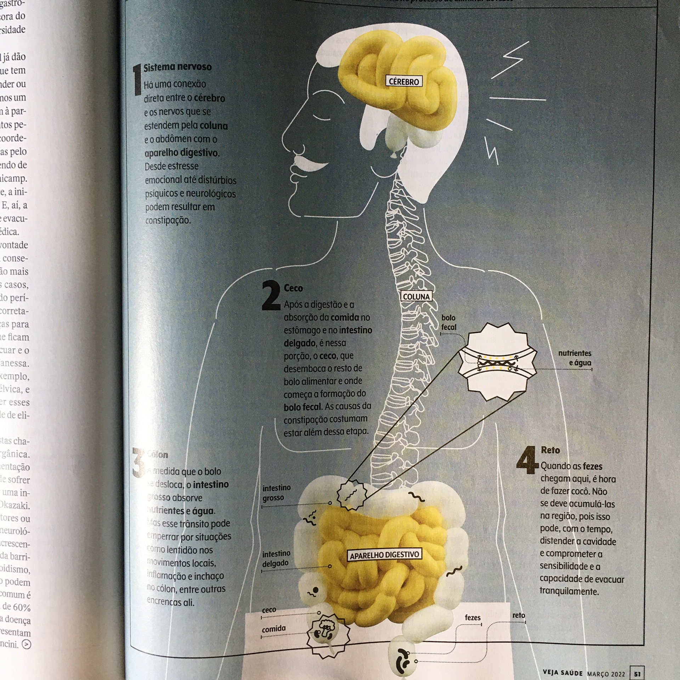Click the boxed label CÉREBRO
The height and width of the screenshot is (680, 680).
(x=404, y=81)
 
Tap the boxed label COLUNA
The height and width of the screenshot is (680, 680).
(x=416, y=296)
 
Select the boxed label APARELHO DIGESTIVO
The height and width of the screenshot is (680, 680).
(x=384, y=555)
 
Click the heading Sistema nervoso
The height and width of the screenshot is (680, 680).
(x=177, y=67)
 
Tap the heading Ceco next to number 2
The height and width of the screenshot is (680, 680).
(x=293, y=288)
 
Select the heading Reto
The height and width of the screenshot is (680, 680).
(x=550, y=450)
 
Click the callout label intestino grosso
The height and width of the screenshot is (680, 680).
(x=277, y=493)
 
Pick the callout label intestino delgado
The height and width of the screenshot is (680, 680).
(x=276, y=558)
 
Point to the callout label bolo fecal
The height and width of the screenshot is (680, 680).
(x=448, y=322)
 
